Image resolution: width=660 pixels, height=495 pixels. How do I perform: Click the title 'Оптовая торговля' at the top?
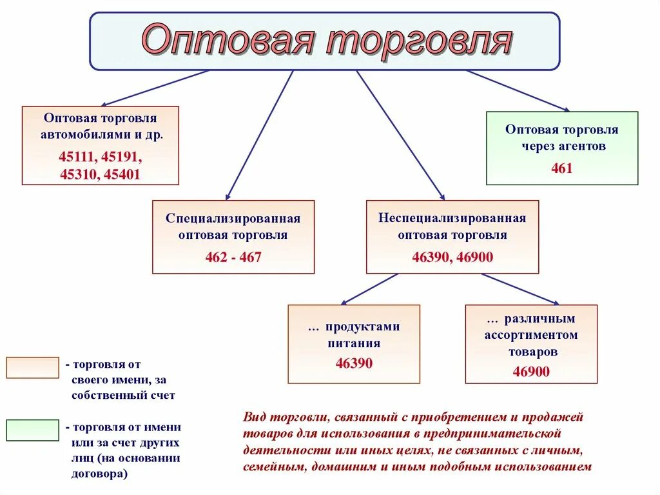click(327, 41)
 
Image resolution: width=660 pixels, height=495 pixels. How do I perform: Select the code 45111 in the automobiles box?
click(76, 157)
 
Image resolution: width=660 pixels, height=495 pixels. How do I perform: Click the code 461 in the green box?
click(561, 168)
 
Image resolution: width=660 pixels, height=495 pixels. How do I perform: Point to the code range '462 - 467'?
click(233, 258)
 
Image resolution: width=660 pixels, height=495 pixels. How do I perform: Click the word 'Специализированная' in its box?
click(233, 218)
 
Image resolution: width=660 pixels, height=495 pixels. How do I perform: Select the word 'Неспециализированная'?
click(452, 218)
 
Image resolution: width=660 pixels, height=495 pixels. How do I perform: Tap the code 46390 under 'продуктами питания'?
click(354, 363)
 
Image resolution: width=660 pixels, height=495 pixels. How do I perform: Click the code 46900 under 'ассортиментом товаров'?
click(531, 371)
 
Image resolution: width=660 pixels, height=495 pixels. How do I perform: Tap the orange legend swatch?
click(32, 367)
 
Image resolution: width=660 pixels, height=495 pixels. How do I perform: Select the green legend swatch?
click(32, 430)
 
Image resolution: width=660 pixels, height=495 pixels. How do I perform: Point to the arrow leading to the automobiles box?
click(155, 88)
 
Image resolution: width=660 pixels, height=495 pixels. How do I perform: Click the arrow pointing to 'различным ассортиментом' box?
click(519, 288)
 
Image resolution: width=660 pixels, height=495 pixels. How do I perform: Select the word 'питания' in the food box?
click(354, 343)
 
